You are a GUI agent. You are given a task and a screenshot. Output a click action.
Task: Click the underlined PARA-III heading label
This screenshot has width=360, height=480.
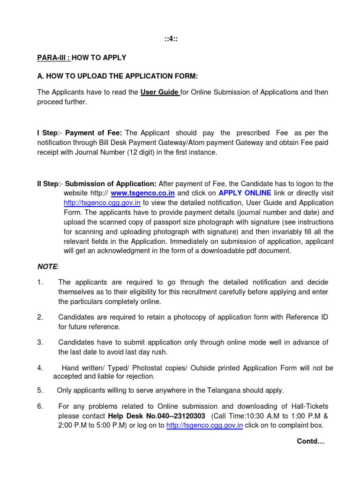coord(54,58)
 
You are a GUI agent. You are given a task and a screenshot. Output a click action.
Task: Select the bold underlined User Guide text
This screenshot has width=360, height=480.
coord(159,92)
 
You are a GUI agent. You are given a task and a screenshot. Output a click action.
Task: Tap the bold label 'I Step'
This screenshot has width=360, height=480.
coord(47,133)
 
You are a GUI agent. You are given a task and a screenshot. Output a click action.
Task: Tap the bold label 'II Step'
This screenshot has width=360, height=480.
coord(48,183)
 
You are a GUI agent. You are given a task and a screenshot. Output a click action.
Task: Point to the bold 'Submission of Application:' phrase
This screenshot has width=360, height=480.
coord(111,183)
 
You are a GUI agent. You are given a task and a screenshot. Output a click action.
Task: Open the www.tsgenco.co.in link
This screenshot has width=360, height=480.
coord(142,193)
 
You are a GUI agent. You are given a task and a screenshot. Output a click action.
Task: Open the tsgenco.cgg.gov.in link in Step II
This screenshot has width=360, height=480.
coord(102,203)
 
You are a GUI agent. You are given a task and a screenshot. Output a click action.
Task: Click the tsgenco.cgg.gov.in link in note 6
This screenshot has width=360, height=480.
coord(204,426)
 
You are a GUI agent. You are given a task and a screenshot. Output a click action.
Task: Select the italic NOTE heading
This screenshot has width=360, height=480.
coord(47,267)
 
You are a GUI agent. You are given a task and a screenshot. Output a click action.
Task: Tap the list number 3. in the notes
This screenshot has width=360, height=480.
coord(40,342)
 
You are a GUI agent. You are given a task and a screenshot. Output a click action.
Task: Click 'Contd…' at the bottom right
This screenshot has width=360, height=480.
coord(310,442)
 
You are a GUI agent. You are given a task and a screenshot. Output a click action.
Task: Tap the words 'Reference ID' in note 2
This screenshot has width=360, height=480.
coord(307,317)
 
